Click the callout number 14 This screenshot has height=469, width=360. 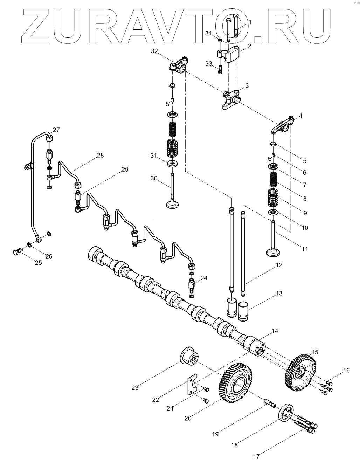[275, 330]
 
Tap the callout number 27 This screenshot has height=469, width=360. [56, 130]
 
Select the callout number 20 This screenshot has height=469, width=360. [187, 418]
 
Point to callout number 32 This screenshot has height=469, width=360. [154, 51]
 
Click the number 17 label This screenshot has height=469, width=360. [256, 456]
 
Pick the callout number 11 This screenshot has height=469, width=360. [305, 249]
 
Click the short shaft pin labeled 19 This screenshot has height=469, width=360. [271, 405]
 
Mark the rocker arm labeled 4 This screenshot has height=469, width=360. [282, 125]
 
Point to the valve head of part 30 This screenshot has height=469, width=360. [173, 204]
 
